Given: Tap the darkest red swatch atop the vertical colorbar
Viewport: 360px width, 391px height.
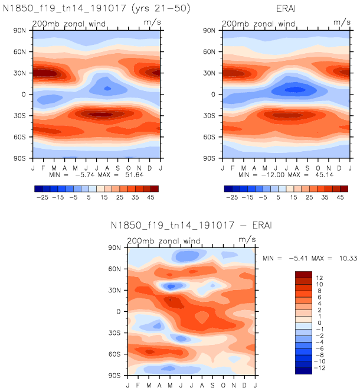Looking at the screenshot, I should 303,274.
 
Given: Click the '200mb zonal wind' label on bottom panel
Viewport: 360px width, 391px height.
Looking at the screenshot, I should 163,241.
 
